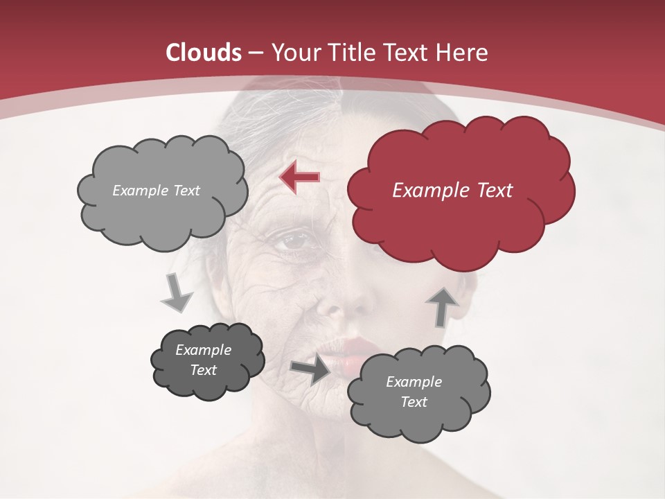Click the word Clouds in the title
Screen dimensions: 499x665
point(204,53)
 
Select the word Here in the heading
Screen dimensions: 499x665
point(463,53)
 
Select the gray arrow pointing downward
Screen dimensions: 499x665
point(176,292)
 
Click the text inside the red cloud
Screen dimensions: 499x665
point(452,191)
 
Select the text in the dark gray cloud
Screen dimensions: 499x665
point(204,360)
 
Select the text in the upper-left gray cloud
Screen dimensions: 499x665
point(156,191)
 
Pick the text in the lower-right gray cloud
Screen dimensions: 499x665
point(414,392)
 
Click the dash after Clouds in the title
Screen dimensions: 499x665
point(256,53)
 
